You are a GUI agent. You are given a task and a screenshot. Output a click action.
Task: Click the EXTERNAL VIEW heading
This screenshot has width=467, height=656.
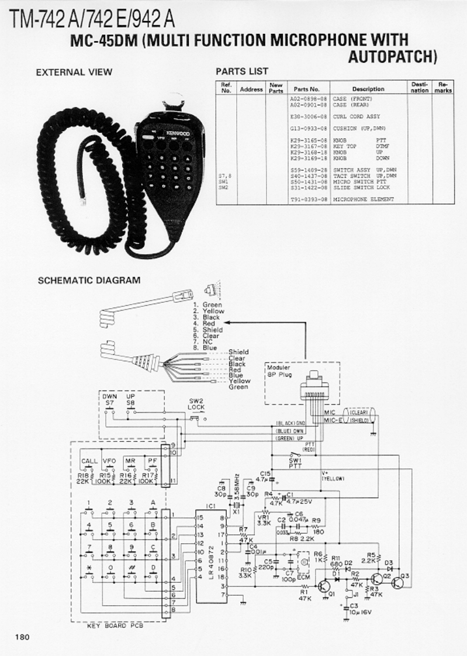click(x=74, y=72)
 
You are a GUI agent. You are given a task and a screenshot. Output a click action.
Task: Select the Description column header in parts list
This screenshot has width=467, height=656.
click(x=368, y=89)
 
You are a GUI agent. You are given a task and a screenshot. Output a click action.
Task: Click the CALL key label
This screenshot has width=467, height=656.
click(x=89, y=461)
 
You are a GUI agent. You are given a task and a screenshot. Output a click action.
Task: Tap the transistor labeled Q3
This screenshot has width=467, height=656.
click(x=404, y=576)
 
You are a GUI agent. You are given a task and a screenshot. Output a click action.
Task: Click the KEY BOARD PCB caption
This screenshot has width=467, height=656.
click(x=114, y=626)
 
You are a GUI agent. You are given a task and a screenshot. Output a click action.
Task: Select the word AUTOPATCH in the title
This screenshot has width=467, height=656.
click(x=392, y=56)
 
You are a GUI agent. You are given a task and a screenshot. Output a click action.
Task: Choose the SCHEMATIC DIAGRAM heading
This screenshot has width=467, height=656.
click(x=89, y=280)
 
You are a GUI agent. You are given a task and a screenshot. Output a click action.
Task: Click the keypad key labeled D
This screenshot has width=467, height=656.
click(x=153, y=568)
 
